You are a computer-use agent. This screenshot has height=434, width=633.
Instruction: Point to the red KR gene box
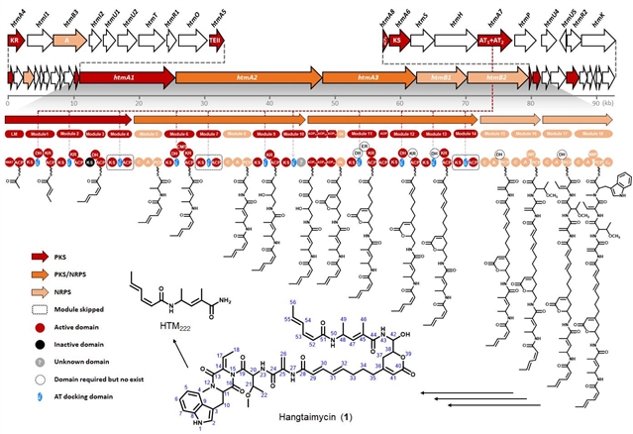tap(14, 41)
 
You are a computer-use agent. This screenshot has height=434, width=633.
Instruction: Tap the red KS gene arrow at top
tap(396, 41)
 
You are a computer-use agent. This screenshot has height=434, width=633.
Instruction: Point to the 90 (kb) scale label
tap(597, 101)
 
